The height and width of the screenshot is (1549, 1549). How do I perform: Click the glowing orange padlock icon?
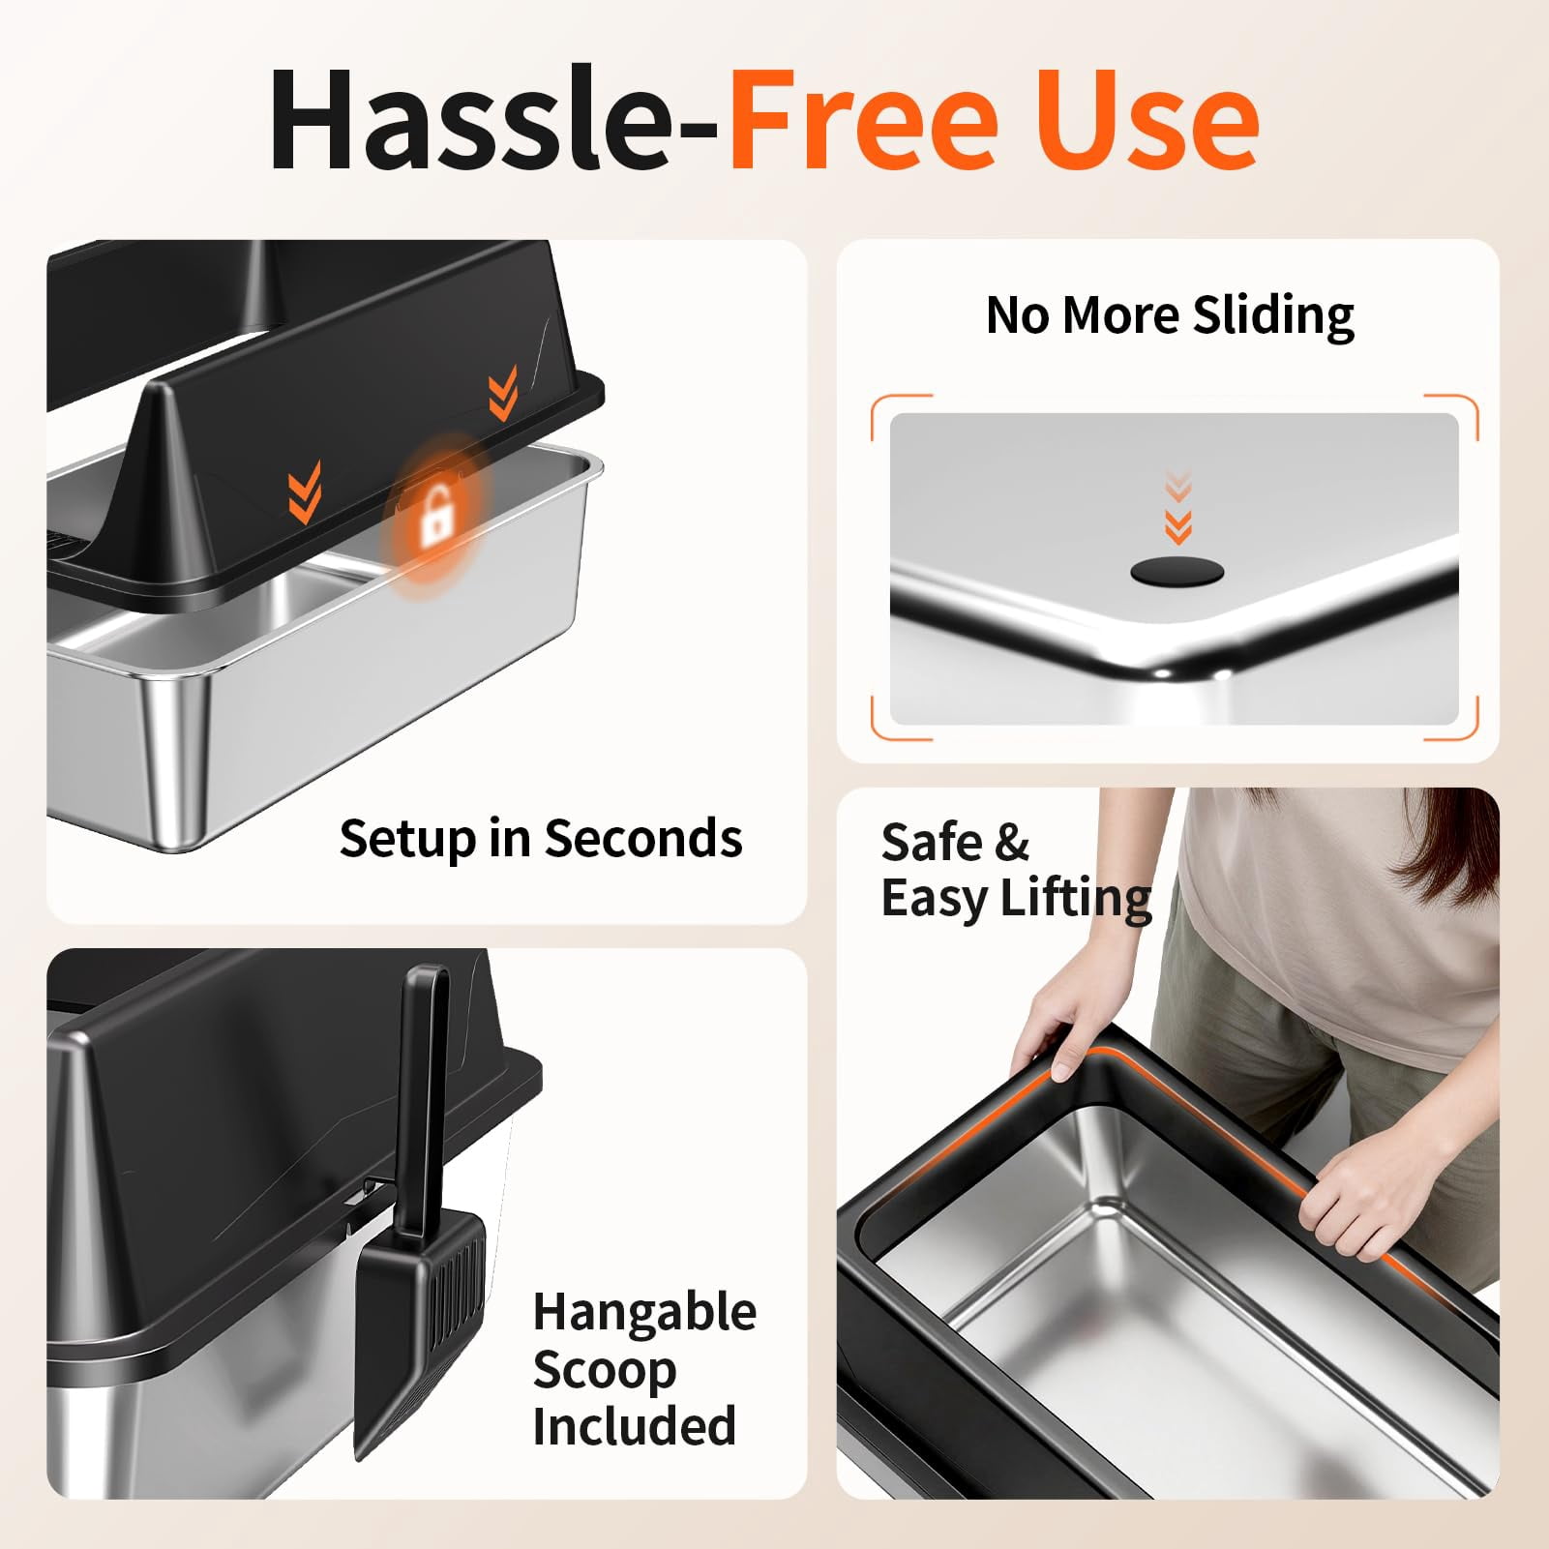(x=437, y=513)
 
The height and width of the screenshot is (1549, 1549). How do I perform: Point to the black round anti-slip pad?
(x=1177, y=572)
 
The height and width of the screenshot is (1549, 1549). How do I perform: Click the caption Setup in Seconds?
(x=541, y=838)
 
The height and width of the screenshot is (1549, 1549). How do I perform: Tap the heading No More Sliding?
(x=1170, y=315)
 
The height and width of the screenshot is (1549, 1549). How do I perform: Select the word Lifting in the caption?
(x=1076, y=899)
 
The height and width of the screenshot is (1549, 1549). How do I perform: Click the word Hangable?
(x=644, y=1313)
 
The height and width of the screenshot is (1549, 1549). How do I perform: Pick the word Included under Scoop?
(x=634, y=1426)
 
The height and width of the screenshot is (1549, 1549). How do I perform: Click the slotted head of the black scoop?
(x=420, y=1335)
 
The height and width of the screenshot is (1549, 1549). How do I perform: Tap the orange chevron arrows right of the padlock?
(x=503, y=392)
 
